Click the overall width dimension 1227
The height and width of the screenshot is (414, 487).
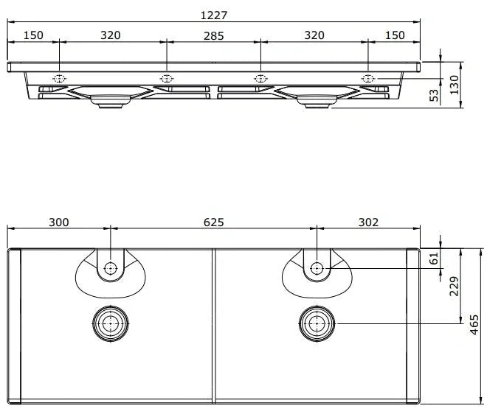(214, 15)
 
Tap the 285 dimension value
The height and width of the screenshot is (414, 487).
(214, 36)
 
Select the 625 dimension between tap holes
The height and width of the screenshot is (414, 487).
(214, 222)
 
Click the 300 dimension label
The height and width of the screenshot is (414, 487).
(59, 222)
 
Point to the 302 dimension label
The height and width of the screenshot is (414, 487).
(368, 222)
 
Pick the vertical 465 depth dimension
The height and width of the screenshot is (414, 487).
(474, 325)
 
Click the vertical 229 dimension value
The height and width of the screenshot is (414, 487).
(454, 287)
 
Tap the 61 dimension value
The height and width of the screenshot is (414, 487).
(433, 259)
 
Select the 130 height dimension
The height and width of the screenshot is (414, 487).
(454, 85)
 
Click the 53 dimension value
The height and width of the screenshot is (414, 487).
(434, 95)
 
